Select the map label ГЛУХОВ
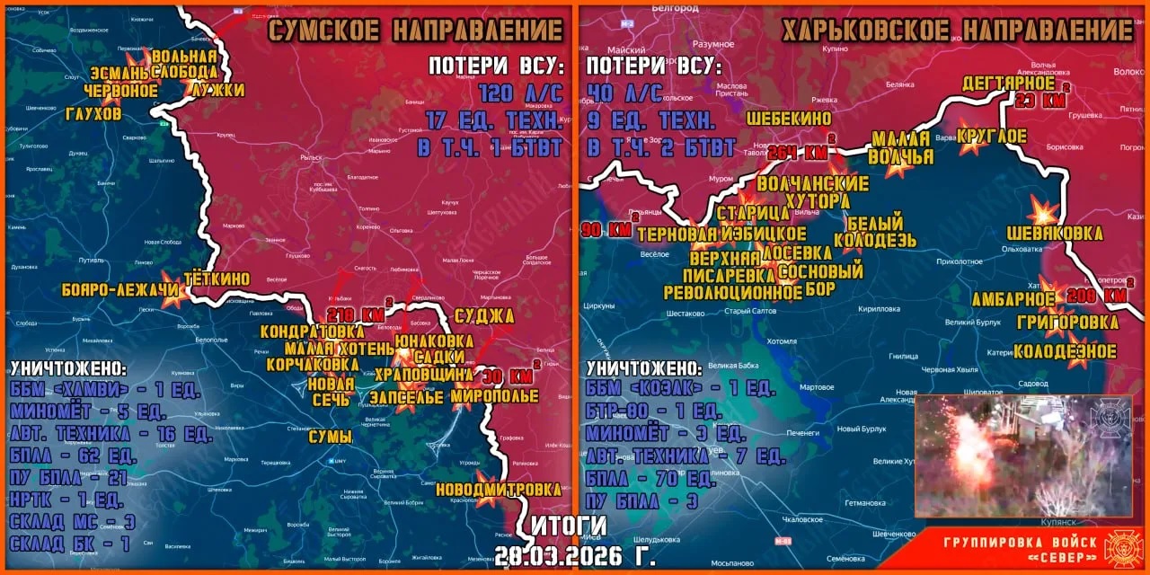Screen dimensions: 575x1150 point(93,114)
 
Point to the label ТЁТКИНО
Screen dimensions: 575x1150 point(217,279)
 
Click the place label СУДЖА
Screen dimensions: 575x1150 point(484,315)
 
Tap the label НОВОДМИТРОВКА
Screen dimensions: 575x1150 point(498,490)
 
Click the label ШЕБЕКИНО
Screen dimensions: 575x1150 point(789,118)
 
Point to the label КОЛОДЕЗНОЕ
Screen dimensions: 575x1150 point(1065,351)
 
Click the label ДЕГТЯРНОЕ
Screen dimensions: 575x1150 point(1007,84)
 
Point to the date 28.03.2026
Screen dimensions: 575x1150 point(558,556)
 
